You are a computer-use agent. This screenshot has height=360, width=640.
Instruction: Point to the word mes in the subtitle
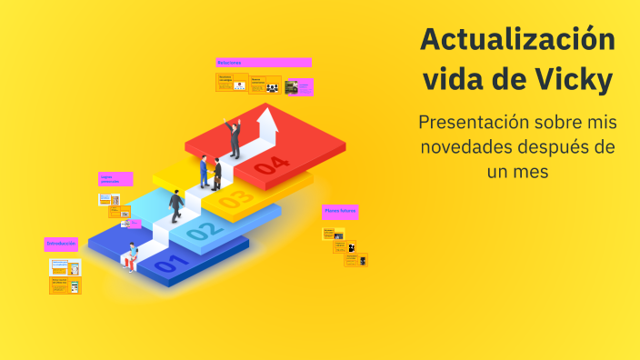[x=531, y=170]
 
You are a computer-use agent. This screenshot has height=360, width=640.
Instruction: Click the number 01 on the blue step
[x=172, y=265]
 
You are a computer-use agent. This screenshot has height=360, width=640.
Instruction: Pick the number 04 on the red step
[x=271, y=165]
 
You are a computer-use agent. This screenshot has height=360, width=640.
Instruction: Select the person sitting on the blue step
[x=133, y=255]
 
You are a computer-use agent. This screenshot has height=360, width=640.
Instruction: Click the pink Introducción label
[x=61, y=244]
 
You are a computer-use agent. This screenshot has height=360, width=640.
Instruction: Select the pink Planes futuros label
[x=339, y=212]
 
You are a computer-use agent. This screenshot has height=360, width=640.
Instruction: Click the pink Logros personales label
[x=115, y=179]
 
